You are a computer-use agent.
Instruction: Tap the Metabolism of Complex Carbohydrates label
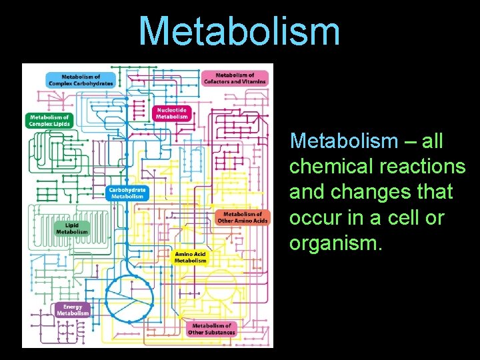[x=81, y=79]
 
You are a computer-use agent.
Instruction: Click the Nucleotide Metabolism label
[x=172, y=113]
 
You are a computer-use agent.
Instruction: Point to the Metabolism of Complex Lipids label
[x=49, y=121]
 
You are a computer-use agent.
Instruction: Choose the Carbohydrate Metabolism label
[x=127, y=193]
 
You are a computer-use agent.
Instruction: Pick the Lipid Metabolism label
[x=71, y=228]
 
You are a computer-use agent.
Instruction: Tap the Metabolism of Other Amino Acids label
[x=243, y=217]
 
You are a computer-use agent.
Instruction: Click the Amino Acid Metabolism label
[x=190, y=257]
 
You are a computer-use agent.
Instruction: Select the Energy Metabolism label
[x=73, y=310]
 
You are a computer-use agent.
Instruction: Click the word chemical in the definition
[x=323, y=167]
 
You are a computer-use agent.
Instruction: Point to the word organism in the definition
[x=335, y=243]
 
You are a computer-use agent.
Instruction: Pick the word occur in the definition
[x=313, y=218]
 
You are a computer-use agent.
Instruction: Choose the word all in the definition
[x=433, y=141]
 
